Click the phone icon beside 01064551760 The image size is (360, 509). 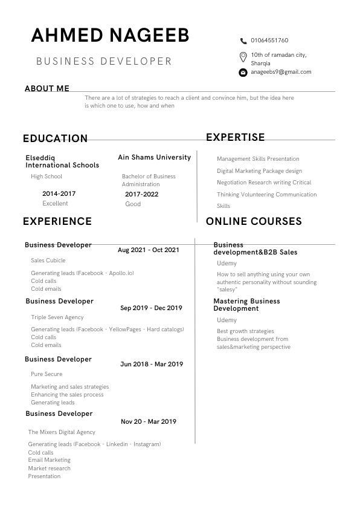[243, 41]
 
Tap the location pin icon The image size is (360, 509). [243, 57]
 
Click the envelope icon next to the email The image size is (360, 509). [243, 73]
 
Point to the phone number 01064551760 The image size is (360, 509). [269, 41]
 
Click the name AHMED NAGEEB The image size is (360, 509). [110, 36]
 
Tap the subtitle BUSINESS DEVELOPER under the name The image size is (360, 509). [104, 61]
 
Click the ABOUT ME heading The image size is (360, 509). [47, 88]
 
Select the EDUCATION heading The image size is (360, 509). [55, 138]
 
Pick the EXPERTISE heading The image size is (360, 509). [236, 138]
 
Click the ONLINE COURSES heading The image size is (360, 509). [254, 221]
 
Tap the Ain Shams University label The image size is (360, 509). [154, 157]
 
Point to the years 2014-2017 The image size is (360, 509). [59, 194]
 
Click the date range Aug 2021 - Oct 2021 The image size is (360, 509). [148, 250]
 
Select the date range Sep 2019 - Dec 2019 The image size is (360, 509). [151, 308]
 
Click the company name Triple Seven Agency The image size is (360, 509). [57, 317]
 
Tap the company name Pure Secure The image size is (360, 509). [47, 374]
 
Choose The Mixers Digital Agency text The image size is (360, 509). [62, 432]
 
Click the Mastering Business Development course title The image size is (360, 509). [246, 305]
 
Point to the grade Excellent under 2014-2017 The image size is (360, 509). [55, 204]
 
